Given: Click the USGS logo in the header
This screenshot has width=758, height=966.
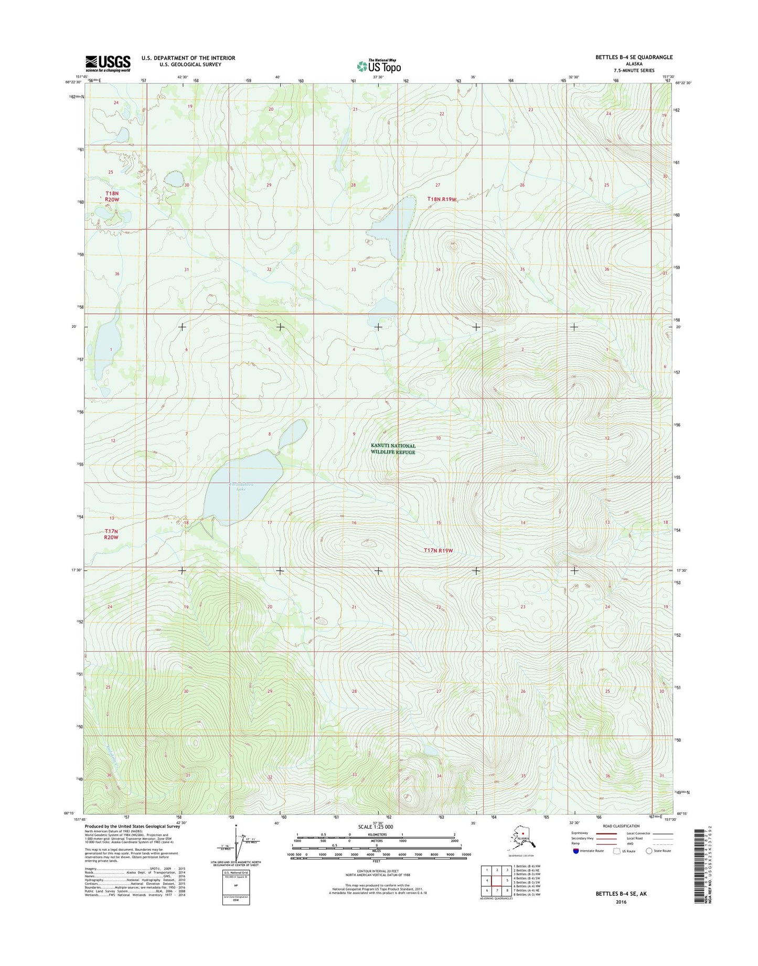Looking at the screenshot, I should point(108,63).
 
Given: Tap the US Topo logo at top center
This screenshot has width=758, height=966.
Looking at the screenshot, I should point(379,66).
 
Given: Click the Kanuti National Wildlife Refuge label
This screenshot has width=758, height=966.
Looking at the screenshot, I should point(393,449).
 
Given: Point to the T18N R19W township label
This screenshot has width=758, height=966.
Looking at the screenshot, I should point(442,199).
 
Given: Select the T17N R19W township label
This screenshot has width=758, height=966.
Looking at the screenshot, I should point(437,551).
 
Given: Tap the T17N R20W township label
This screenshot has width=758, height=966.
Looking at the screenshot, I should point(111,534).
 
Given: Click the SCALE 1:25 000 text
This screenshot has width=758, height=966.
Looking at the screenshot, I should point(375,827).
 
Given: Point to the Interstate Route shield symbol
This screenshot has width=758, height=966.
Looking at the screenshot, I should point(575,851).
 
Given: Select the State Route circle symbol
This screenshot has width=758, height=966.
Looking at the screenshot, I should point(649,851).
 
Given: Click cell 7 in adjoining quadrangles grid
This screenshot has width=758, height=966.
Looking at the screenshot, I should point(497,890).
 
